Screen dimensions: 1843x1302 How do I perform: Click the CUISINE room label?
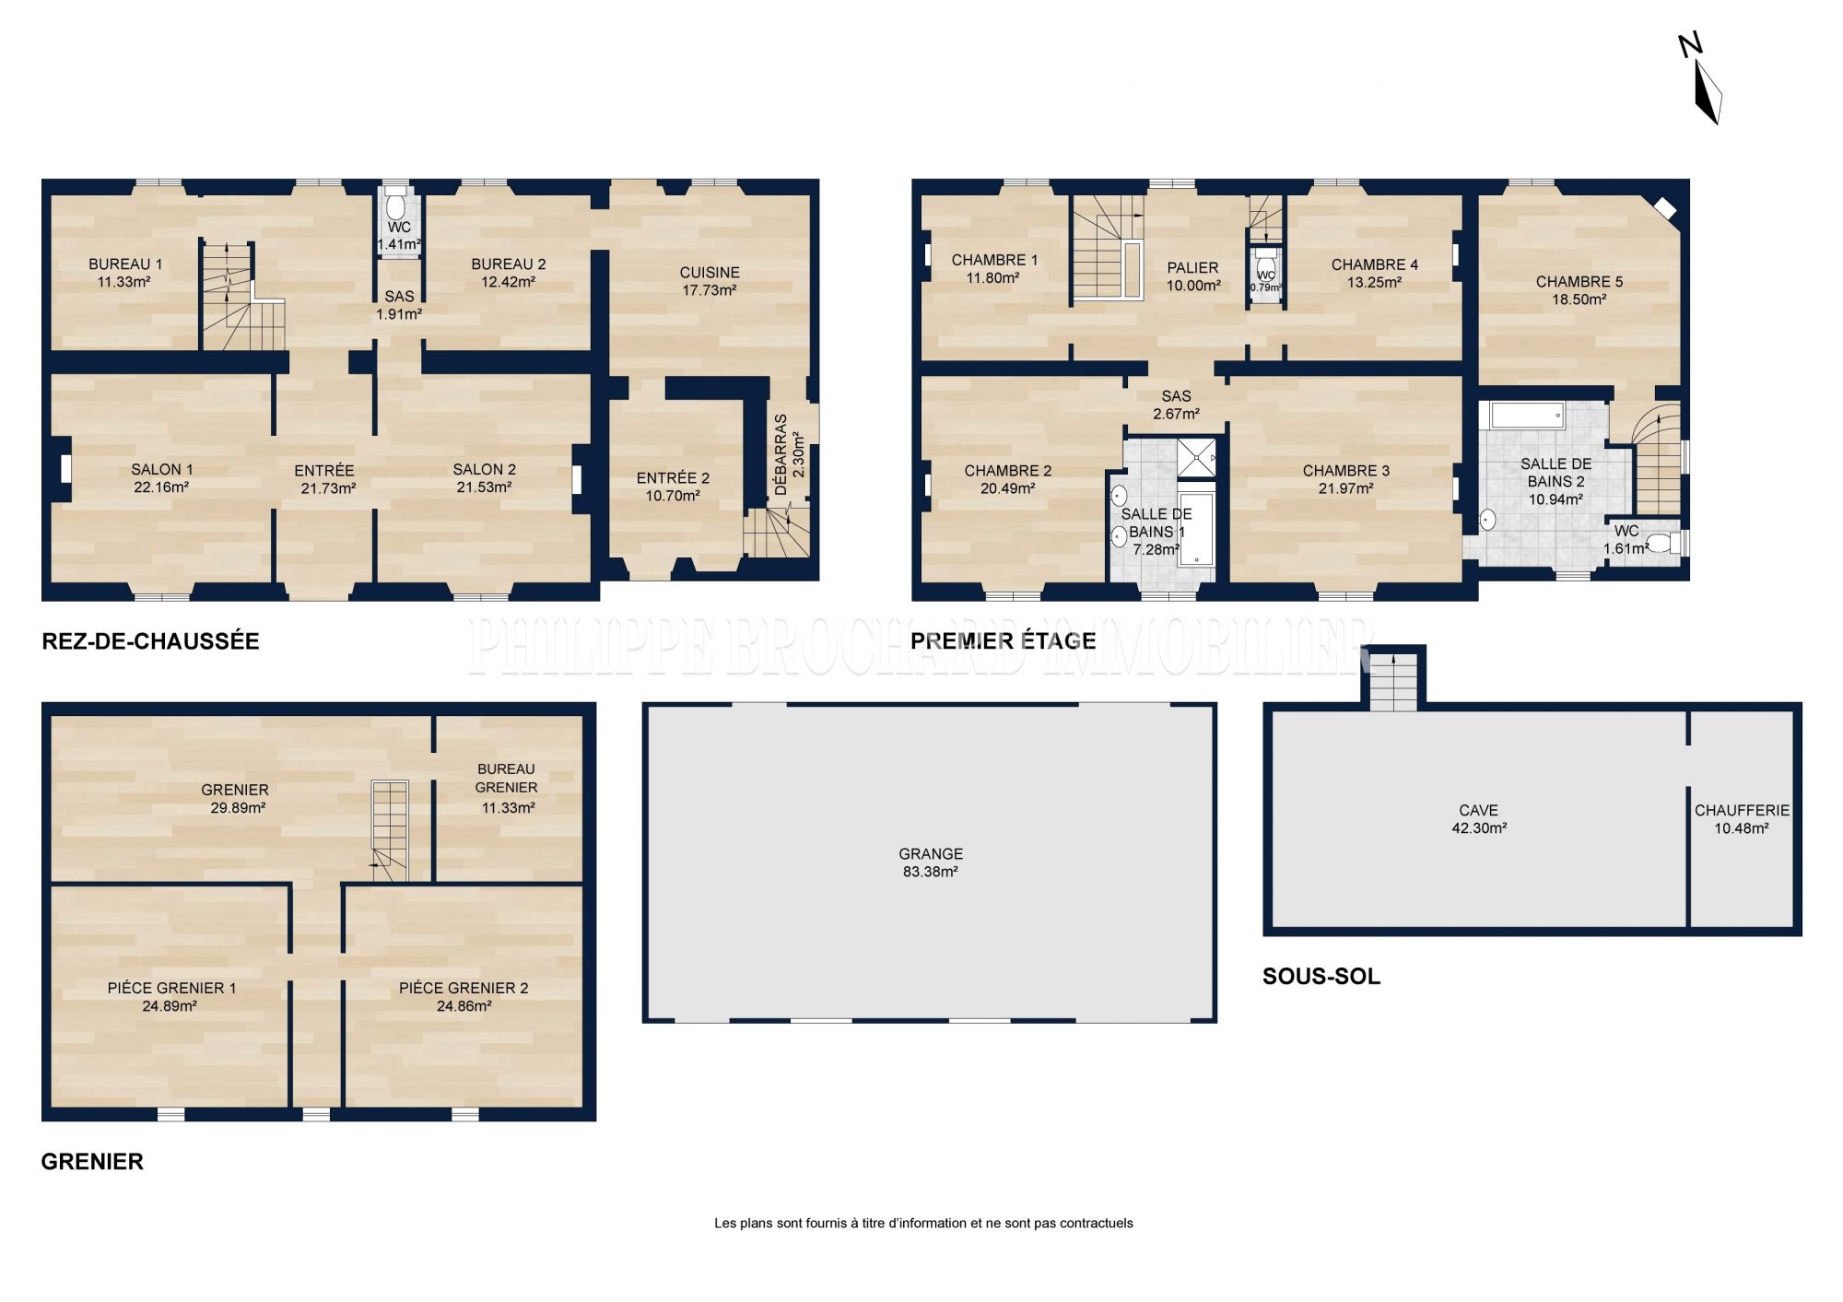(x=710, y=273)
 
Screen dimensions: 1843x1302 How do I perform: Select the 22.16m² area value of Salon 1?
(x=161, y=487)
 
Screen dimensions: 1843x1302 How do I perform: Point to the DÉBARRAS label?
(x=781, y=455)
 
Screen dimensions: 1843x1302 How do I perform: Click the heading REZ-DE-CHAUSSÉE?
(x=151, y=641)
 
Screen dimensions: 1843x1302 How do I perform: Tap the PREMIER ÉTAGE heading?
(x=1004, y=641)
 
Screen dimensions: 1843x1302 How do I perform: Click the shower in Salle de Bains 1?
(x=1196, y=458)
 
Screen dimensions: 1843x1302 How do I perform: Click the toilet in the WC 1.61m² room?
(x=1663, y=543)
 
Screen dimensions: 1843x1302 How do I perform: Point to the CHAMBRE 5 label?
(x=1579, y=282)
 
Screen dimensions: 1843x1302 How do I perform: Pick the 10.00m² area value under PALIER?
(x=1193, y=286)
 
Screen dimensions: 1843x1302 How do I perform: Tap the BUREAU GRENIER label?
(x=507, y=778)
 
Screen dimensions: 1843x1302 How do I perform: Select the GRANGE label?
(x=931, y=854)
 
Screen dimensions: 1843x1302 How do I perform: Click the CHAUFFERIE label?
(x=1742, y=811)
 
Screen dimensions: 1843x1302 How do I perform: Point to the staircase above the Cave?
(x=1392, y=681)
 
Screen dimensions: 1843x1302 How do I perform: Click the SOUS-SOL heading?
(x=1321, y=977)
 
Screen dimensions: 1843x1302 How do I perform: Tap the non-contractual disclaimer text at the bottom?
(x=923, y=1224)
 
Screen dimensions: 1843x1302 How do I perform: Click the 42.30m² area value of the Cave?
(x=1479, y=828)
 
